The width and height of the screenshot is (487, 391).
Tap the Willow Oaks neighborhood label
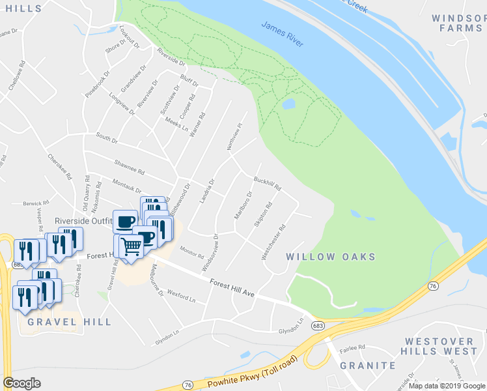click(x=331, y=257)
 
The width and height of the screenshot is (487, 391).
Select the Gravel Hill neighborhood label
click(x=70, y=322)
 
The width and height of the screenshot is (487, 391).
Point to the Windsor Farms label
click(x=458, y=23)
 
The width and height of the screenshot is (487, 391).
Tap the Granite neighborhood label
click(x=367, y=366)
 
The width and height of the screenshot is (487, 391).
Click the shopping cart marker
click(x=131, y=246)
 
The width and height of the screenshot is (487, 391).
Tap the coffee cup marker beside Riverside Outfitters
click(x=125, y=221)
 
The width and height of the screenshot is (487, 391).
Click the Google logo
click(x=22, y=383)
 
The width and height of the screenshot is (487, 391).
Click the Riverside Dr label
click(x=171, y=57)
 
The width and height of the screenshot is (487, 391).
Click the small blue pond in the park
click(x=288, y=104)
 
